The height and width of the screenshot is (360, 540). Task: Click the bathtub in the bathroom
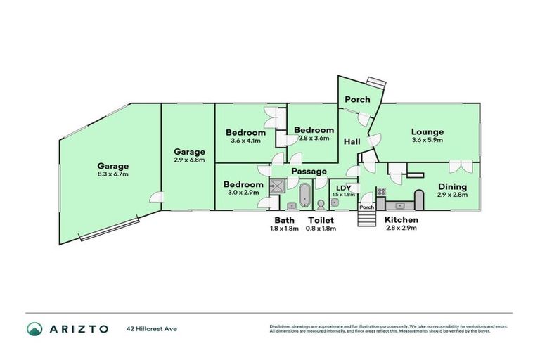[305, 195]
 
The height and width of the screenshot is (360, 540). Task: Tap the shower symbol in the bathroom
[278, 186]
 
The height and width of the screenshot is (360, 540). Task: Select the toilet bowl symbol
[321, 205]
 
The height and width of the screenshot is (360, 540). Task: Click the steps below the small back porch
[366, 219]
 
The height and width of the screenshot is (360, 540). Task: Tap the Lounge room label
[427, 131]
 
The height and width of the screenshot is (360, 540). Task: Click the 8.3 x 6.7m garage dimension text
[113, 174]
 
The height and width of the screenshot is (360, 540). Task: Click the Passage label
[309, 171]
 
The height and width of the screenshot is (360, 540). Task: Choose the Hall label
[352, 142]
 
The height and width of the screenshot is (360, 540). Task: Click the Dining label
[452, 186]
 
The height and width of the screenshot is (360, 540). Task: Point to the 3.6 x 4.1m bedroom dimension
[245, 141]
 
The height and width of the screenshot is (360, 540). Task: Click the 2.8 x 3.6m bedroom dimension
[314, 138]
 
